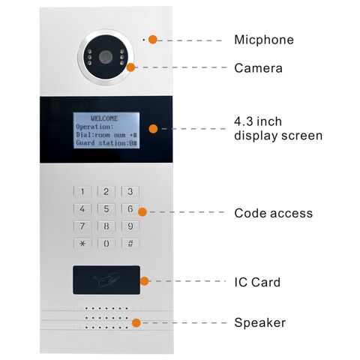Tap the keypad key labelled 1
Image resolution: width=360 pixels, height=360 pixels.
(x=82, y=192)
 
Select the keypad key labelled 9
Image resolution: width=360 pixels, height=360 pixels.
(x=130, y=226)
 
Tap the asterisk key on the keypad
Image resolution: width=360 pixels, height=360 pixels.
(x=82, y=244)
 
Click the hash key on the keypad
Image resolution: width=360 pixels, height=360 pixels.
(x=130, y=244)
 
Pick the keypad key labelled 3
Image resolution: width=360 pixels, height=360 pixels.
(x=130, y=192)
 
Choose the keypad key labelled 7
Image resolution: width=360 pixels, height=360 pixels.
(x=82, y=226)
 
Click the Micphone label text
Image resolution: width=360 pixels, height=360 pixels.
(x=264, y=40)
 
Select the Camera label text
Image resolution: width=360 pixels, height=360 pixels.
(x=258, y=68)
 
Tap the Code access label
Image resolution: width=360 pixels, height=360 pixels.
(x=273, y=214)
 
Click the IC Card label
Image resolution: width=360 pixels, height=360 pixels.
(x=257, y=282)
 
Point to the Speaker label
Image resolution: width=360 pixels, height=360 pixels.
(x=259, y=322)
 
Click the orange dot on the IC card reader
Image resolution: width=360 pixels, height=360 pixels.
(x=145, y=282)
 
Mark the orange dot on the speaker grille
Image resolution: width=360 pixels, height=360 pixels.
(x=136, y=322)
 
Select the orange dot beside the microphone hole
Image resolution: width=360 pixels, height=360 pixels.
(x=153, y=39)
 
